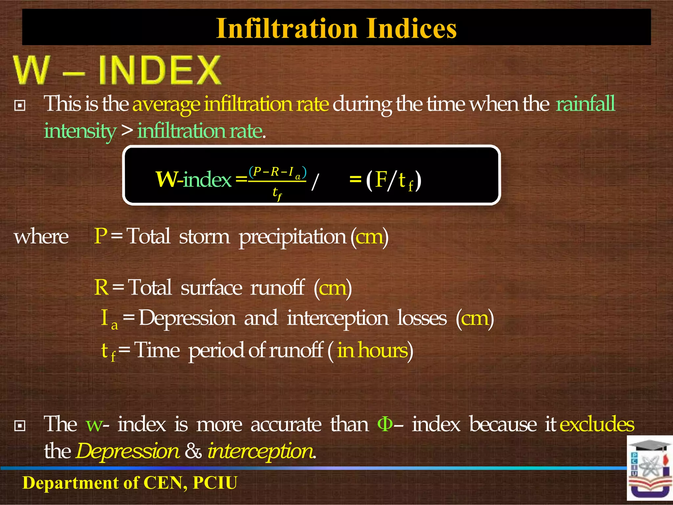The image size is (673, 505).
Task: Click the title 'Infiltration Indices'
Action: [336, 28]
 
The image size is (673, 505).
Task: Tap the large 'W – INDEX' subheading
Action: [117, 70]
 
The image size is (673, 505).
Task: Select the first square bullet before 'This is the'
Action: [20, 106]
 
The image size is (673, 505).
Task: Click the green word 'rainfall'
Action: [585, 104]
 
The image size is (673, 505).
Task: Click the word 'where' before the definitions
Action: [41, 237]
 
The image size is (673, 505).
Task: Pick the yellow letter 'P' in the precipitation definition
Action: [100, 236]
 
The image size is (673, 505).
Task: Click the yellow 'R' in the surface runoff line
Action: [101, 287]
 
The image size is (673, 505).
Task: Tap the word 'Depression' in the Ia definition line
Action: [187, 318]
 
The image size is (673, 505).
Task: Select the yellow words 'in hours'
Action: [372, 350]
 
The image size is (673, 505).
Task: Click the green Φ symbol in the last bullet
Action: [385, 424]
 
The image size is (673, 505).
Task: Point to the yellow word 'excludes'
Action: [597, 424]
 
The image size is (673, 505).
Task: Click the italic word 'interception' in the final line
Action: [261, 451]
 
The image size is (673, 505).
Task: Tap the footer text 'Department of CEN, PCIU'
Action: [130, 483]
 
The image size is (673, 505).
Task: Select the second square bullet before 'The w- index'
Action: [20, 426]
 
